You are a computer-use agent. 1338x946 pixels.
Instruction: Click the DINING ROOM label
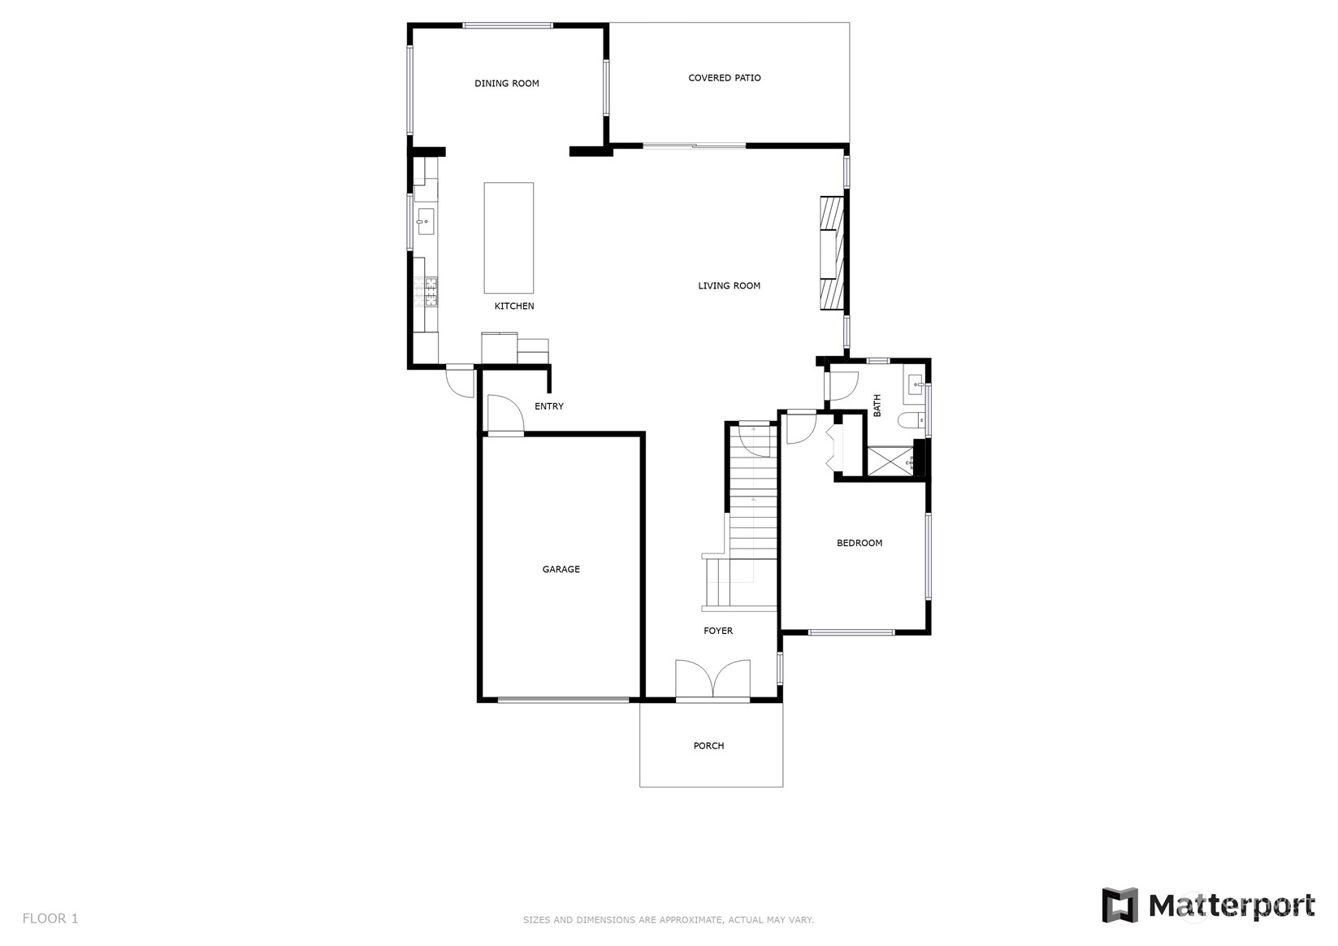click(x=506, y=84)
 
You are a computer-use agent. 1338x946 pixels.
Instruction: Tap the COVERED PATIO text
click(x=724, y=78)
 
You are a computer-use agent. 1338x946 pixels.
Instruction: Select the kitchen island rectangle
click(x=509, y=237)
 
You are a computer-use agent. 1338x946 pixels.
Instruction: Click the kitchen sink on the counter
click(x=425, y=221)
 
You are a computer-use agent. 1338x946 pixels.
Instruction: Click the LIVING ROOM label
click(x=729, y=286)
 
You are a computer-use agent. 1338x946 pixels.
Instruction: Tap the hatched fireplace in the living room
click(x=831, y=253)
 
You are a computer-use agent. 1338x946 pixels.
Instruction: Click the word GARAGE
click(x=561, y=570)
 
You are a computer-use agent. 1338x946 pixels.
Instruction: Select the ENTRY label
click(x=548, y=406)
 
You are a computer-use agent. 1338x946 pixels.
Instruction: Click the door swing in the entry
click(x=503, y=414)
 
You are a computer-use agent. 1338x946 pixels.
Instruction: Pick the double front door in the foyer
click(x=712, y=681)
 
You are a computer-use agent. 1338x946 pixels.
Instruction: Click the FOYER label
click(x=717, y=631)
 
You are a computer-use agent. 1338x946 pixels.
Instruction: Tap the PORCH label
click(x=708, y=746)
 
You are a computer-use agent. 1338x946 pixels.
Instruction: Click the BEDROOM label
click(x=859, y=543)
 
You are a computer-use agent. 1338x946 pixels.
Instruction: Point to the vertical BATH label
click(x=877, y=406)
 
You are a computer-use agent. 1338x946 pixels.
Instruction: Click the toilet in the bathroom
click(x=910, y=420)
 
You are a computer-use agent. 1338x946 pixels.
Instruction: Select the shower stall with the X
click(x=890, y=461)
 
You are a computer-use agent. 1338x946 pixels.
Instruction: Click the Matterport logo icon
click(x=1119, y=905)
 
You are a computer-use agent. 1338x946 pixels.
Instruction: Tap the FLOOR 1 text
click(x=50, y=918)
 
